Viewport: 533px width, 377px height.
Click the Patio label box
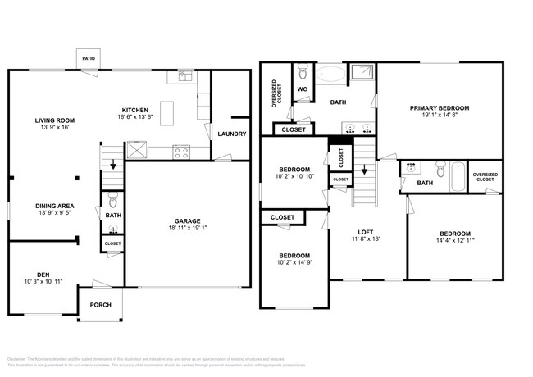89,60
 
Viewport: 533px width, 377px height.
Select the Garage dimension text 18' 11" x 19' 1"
187,228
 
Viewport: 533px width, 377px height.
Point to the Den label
43,275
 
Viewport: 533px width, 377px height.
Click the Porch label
100,304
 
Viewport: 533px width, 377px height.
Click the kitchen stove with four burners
181,151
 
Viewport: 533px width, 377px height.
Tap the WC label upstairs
302,89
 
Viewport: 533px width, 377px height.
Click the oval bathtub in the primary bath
331,75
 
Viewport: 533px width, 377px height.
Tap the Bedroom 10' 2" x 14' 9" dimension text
293,261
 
